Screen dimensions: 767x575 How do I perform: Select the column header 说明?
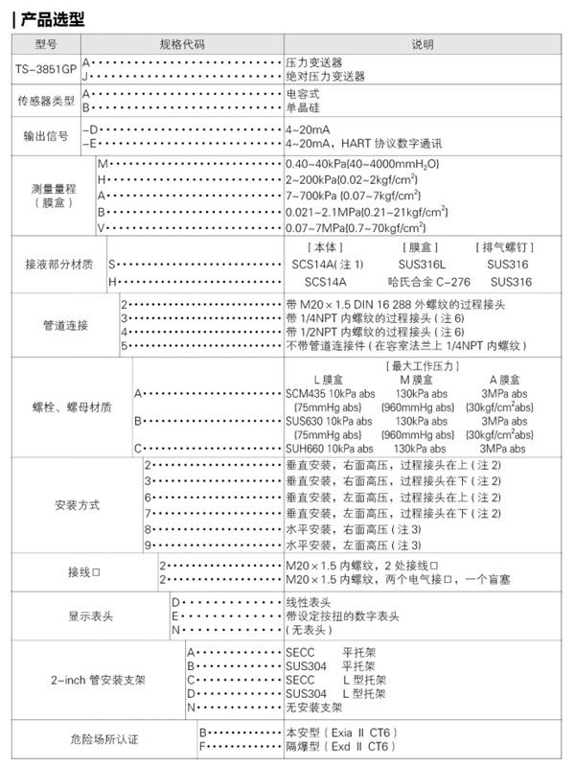click(x=422, y=45)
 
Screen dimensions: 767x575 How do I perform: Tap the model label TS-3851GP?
click(x=45, y=69)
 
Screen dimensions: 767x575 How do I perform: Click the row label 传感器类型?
click(x=45, y=101)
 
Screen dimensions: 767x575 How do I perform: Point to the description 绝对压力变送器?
click(x=326, y=76)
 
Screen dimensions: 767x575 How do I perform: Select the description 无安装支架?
click(x=314, y=707)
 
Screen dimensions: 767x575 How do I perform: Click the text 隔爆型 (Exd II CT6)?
click(x=340, y=745)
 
